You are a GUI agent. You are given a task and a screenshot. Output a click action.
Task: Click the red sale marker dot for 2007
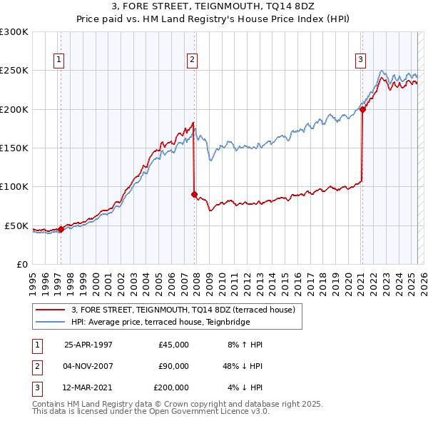coord(194,194)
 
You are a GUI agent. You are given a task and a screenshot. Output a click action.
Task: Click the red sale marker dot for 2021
coord(362,109)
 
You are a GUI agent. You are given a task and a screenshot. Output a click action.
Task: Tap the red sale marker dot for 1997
coord(61,229)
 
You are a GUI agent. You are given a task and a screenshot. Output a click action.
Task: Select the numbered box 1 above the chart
coord(58,60)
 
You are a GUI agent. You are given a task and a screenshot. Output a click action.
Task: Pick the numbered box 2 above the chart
coord(193,60)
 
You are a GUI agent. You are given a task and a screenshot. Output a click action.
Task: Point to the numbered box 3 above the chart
coord(361,60)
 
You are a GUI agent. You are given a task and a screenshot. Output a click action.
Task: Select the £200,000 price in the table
coord(171,387)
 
